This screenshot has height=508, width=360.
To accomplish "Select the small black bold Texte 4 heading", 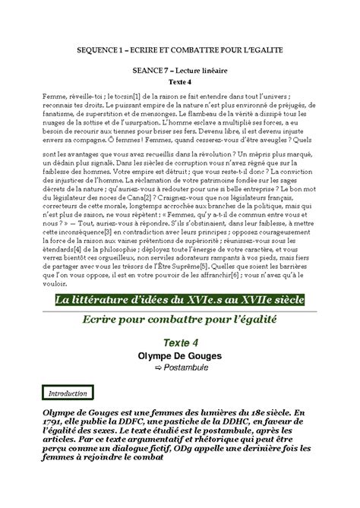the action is pyautogui.click(x=179, y=80).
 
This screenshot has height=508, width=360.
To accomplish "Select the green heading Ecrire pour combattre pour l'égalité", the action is pyautogui.click(x=180, y=322).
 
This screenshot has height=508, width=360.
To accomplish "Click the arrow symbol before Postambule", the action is pyautogui.click(x=158, y=368).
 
